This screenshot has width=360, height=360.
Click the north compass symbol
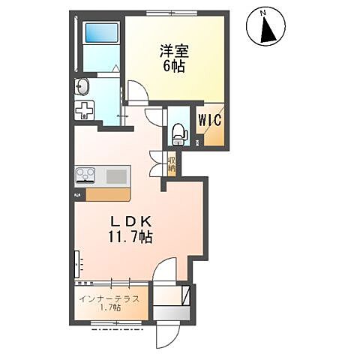coord(265,28)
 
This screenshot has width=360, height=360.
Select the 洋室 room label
coord(175,51)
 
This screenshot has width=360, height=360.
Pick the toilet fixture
coord(178,133)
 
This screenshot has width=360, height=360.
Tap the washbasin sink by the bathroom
coord(82,87)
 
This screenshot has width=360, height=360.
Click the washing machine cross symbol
coord(85,111)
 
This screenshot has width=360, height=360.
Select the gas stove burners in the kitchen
coord(85,176)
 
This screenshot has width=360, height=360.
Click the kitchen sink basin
coord(116,176)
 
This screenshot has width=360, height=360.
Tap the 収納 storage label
coord(172,164)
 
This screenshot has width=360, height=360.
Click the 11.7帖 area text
coord(131,238)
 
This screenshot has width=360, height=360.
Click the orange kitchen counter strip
coord(107,194)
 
